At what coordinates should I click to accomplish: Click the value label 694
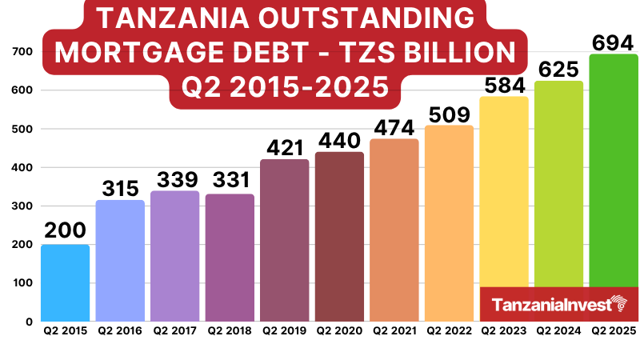coord(614,42)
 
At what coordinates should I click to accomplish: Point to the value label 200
coord(65,230)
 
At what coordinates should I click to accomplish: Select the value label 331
coord(230,181)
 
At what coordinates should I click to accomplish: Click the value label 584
coord(504,83)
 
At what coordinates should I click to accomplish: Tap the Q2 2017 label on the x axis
coord(174,330)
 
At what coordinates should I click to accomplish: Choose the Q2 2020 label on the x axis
coord(339,330)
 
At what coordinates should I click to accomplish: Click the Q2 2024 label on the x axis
coord(558,330)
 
